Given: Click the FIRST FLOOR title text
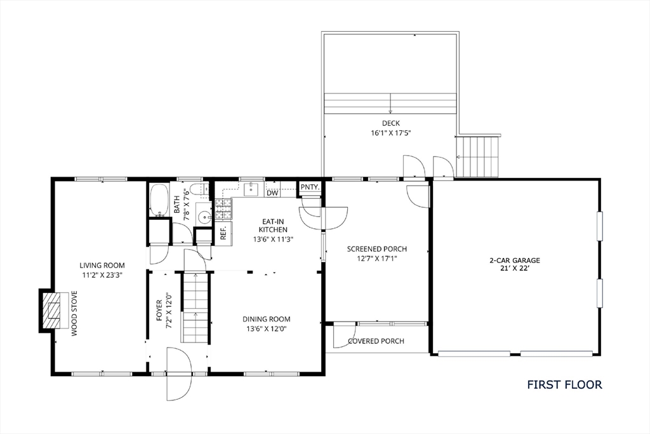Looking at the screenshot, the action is (x=564, y=384).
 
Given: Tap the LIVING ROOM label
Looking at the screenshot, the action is (x=102, y=266).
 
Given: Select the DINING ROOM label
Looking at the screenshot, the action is (x=267, y=319).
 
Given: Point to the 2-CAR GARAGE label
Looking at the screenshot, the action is (x=515, y=261).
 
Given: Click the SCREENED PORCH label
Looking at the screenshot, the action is (x=377, y=249).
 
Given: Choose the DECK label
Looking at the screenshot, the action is (x=391, y=123).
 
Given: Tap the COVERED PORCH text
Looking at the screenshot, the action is (x=376, y=341).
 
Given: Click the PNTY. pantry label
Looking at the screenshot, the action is (x=310, y=187).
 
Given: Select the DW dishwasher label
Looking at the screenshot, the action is (x=272, y=193).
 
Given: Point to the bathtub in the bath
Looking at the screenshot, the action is (x=159, y=200).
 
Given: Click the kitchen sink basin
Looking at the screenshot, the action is (x=251, y=189).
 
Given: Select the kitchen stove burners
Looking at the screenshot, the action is (x=223, y=209).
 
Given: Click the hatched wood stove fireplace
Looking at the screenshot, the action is (x=53, y=310).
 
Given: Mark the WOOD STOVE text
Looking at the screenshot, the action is (x=74, y=314).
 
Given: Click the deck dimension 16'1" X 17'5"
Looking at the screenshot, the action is (x=391, y=133).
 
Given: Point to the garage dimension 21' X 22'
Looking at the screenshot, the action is (x=515, y=268).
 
